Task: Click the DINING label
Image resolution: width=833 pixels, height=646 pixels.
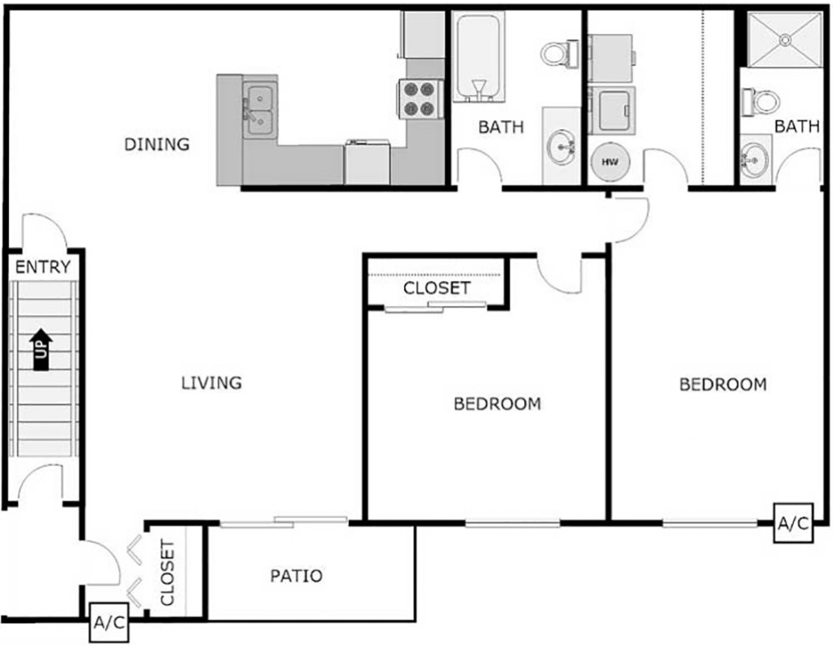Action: pos(157,144)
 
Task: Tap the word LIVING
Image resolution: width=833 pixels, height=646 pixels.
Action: pos(212,383)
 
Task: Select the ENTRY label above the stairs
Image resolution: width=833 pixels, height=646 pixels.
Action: pos(42,268)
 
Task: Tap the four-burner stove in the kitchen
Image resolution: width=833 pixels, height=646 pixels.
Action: pos(420,98)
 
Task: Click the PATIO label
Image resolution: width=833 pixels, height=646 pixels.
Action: pos(296,575)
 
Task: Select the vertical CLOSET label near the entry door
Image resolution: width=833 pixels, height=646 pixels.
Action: pos(167,573)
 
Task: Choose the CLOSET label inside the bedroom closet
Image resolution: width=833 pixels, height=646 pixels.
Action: pos(436,288)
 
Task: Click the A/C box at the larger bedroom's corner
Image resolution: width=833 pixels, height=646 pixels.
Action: pos(791,523)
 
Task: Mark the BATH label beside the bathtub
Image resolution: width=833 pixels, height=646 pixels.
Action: pos(501,128)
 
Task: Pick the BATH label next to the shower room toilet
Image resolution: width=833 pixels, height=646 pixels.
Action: pos(796,128)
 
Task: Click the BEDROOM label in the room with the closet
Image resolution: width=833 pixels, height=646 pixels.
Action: pos(497,404)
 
